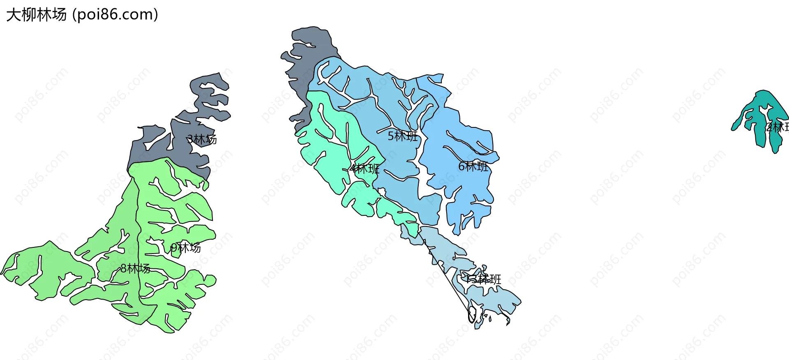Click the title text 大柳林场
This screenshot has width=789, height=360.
coord(36,15)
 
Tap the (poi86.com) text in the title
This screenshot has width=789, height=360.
coord(115,15)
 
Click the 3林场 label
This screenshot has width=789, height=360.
coord(202,139)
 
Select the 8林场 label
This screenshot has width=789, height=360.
coord(135,269)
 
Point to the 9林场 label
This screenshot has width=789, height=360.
coord(186,247)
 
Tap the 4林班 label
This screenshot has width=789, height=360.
coord(365,168)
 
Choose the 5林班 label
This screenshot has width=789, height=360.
coord(403,136)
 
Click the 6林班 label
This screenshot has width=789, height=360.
coord(473,166)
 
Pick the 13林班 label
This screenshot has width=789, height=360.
coord(483,279)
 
